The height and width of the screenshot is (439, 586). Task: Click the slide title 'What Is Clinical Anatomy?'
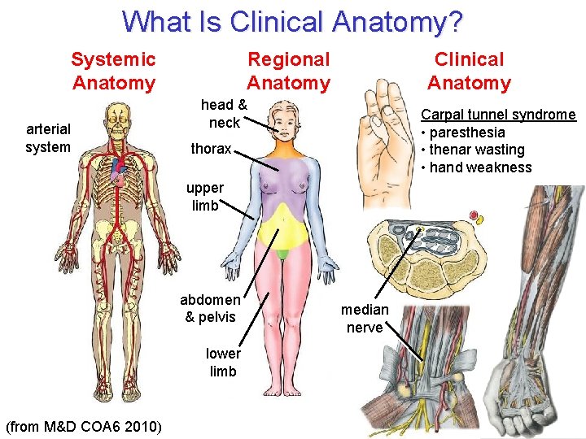(292, 21)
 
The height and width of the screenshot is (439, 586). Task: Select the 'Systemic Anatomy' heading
(113, 71)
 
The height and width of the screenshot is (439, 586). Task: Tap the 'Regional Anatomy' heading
(289, 71)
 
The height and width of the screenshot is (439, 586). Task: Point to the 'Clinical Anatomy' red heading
(469, 71)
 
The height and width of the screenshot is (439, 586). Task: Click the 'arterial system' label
(48, 137)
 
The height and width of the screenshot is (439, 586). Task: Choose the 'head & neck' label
(224, 113)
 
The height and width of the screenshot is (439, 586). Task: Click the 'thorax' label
(211, 149)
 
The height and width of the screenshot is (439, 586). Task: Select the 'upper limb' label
(205, 197)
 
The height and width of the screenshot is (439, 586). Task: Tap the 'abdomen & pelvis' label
(210, 308)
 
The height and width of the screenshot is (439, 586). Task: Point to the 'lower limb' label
(222, 362)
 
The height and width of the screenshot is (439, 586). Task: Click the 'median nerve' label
(365, 318)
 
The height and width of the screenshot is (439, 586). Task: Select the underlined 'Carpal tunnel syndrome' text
(497, 115)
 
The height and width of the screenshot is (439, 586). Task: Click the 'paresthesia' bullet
(467, 133)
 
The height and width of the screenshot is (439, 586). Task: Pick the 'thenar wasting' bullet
(476, 150)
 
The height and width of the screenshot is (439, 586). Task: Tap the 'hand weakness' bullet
(479, 167)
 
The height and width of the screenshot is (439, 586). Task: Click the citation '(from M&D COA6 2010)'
(83, 427)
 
